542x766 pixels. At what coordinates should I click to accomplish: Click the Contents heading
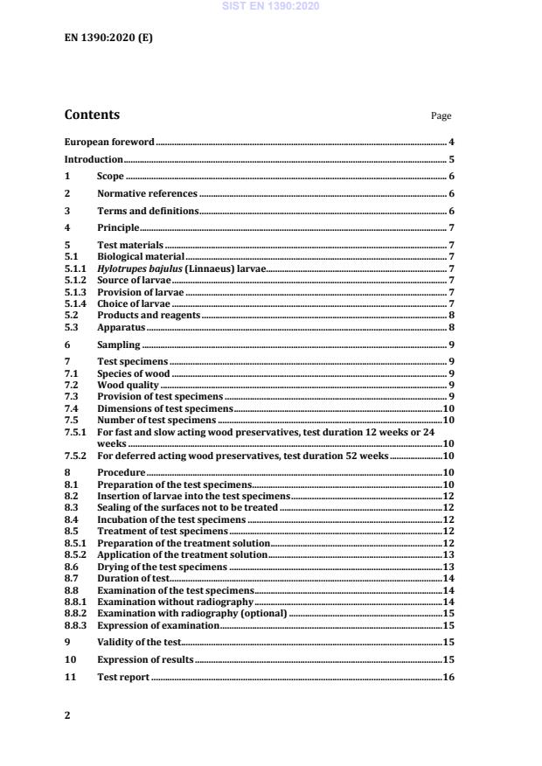click(92, 115)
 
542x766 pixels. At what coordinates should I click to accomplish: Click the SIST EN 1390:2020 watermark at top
click(271, 6)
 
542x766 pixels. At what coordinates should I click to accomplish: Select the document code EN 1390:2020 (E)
click(101, 38)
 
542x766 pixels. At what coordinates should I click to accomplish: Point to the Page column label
click(441, 116)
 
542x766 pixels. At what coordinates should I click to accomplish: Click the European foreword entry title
click(109, 142)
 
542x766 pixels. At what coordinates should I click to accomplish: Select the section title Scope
click(110, 177)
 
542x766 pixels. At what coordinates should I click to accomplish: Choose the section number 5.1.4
click(76, 303)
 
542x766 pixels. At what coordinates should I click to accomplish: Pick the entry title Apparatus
click(121, 327)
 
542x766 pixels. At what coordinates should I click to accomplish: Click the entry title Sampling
click(118, 345)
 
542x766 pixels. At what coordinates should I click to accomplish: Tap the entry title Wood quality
click(128, 385)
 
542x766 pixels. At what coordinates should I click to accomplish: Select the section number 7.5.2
click(76, 455)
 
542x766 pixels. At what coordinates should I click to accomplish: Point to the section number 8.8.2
click(76, 615)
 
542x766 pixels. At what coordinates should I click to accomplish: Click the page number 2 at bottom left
click(67, 715)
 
